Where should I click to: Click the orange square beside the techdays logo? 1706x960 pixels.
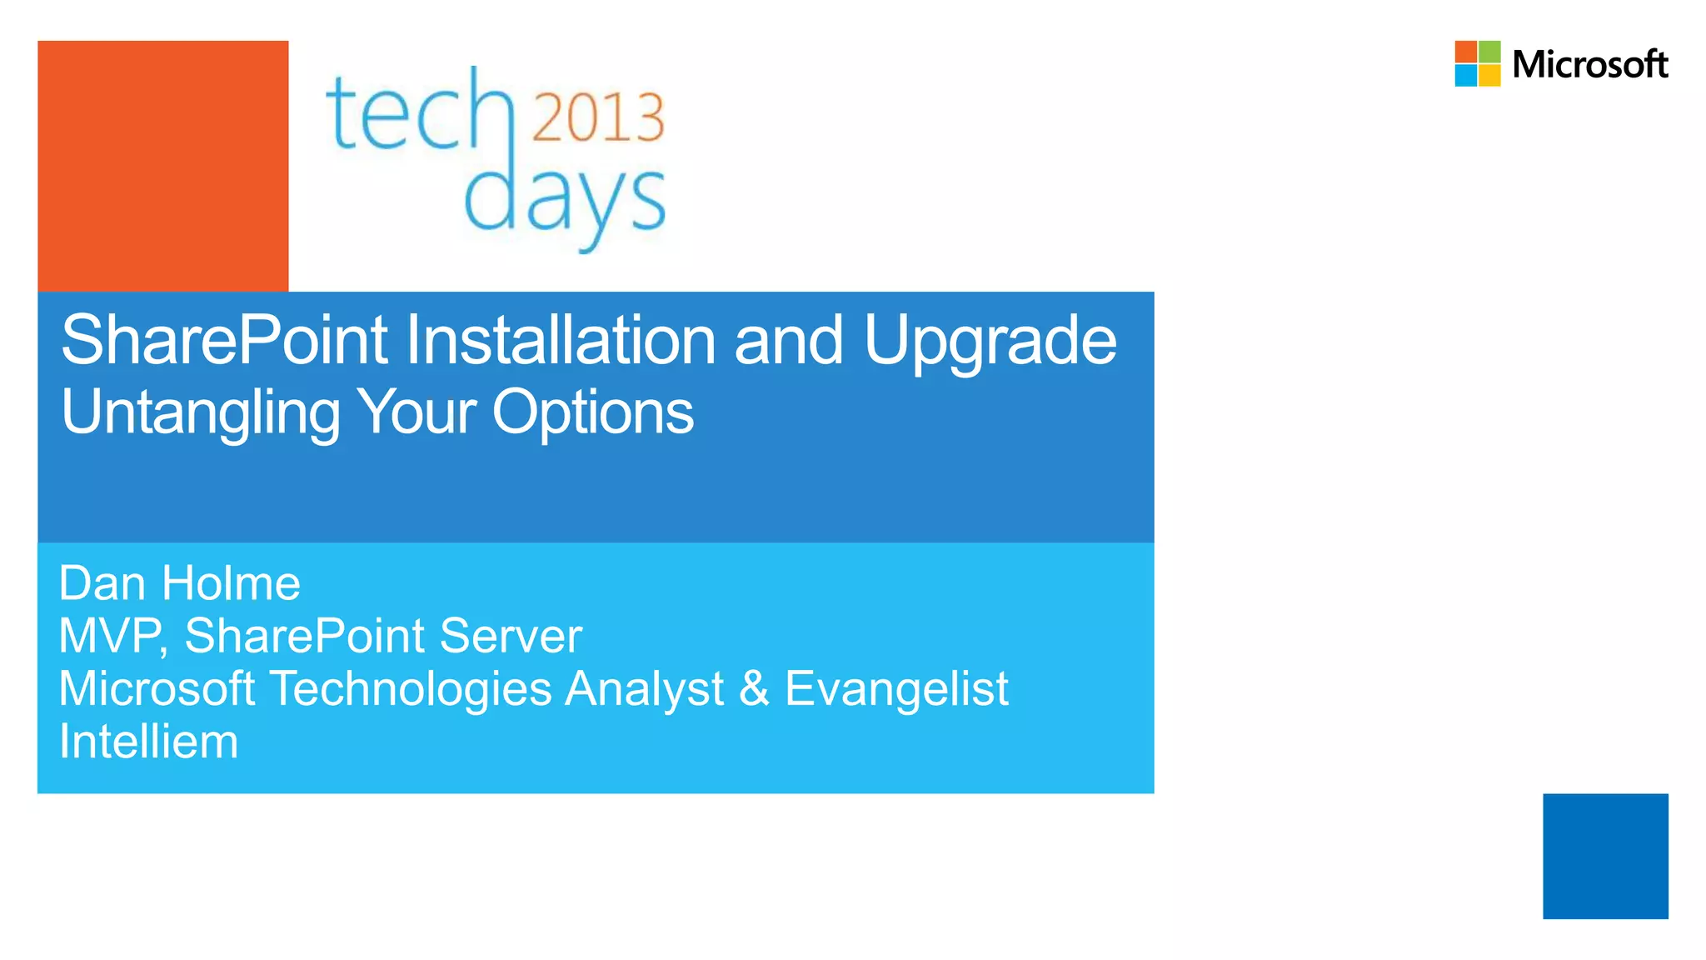pos(163,166)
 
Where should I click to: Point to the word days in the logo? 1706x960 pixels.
pos(564,200)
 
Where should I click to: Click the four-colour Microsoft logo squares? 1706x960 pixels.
pos(1477,63)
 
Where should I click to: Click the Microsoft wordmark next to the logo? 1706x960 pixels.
pos(1589,64)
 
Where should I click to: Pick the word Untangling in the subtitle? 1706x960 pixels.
pos(201,412)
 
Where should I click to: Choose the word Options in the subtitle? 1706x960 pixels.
pos(592,412)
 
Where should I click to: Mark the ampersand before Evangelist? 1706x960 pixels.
pos(754,689)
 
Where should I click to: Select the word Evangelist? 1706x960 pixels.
pos(896,689)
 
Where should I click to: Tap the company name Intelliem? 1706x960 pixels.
pos(149,742)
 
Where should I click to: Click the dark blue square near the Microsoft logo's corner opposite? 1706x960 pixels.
pos(1605,856)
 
